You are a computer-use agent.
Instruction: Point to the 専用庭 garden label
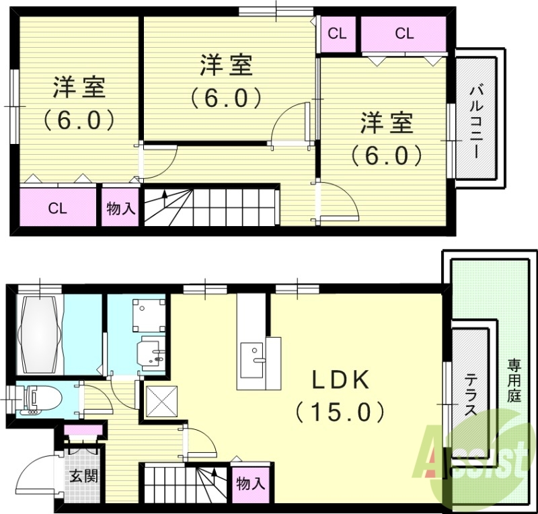[x=514, y=380]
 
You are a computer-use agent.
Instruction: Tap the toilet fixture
[x=38, y=399]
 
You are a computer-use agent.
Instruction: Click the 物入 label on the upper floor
[x=121, y=209]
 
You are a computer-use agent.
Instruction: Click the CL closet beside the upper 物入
[x=57, y=208]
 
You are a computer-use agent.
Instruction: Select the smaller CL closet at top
[x=338, y=34]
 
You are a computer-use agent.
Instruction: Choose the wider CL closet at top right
[x=404, y=34]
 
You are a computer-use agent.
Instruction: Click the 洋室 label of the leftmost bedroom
[x=79, y=88]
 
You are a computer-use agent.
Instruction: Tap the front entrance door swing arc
[x=34, y=471]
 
